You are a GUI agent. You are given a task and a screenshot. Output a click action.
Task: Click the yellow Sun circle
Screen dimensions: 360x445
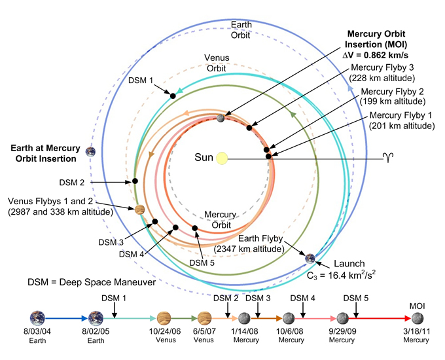[x=222, y=158]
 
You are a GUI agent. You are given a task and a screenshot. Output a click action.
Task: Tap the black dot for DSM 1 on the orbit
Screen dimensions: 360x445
[x=173, y=96]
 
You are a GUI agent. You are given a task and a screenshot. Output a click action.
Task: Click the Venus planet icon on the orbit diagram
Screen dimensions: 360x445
[x=139, y=209]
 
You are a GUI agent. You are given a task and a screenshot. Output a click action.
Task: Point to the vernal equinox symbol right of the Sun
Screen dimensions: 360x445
[x=387, y=158]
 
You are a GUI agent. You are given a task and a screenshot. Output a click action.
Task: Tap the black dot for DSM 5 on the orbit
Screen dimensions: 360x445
[x=195, y=228]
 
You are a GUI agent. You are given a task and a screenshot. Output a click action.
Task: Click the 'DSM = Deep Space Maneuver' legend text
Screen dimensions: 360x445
[x=87, y=283]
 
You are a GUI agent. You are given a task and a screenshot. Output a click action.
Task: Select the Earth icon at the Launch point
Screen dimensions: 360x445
[x=310, y=257]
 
